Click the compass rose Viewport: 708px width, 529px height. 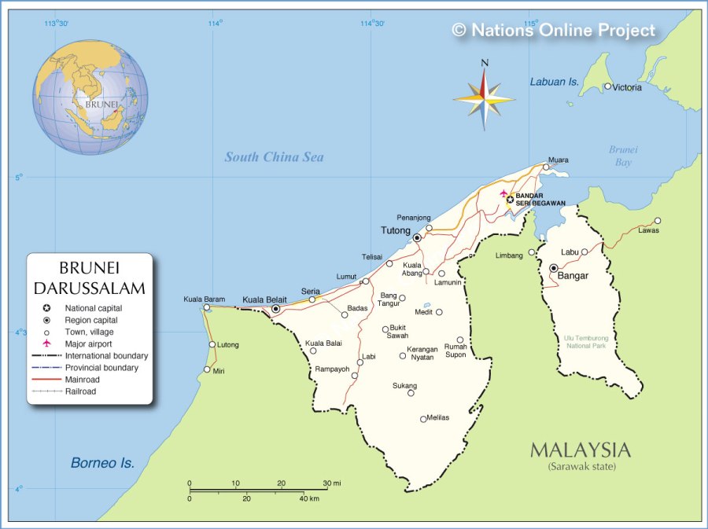[x=485, y=97]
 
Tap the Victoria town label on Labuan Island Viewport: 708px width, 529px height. [x=627, y=87]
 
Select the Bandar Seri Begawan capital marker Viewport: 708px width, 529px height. [x=510, y=200]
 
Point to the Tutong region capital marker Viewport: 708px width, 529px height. [x=417, y=237]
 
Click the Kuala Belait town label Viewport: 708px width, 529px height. [x=264, y=299]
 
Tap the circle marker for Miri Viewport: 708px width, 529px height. [x=207, y=369]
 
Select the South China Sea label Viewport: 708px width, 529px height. [x=274, y=157]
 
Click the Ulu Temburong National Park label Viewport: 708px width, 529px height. [x=584, y=341]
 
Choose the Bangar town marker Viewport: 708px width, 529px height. [x=554, y=268]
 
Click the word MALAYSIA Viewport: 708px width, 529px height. [x=580, y=450]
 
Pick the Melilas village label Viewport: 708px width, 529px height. [x=437, y=417]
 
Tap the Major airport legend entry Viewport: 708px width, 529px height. [x=88, y=343]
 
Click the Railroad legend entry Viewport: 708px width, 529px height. [x=80, y=391]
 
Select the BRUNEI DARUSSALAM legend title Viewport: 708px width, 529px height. [x=90, y=278]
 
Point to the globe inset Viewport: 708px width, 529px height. [x=90, y=97]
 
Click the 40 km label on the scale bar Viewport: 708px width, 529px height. [x=308, y=498]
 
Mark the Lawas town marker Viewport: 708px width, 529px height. [x=658, y=221]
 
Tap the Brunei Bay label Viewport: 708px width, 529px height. [x=622, y=156]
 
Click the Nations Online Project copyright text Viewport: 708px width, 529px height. [x=553, y=31]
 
